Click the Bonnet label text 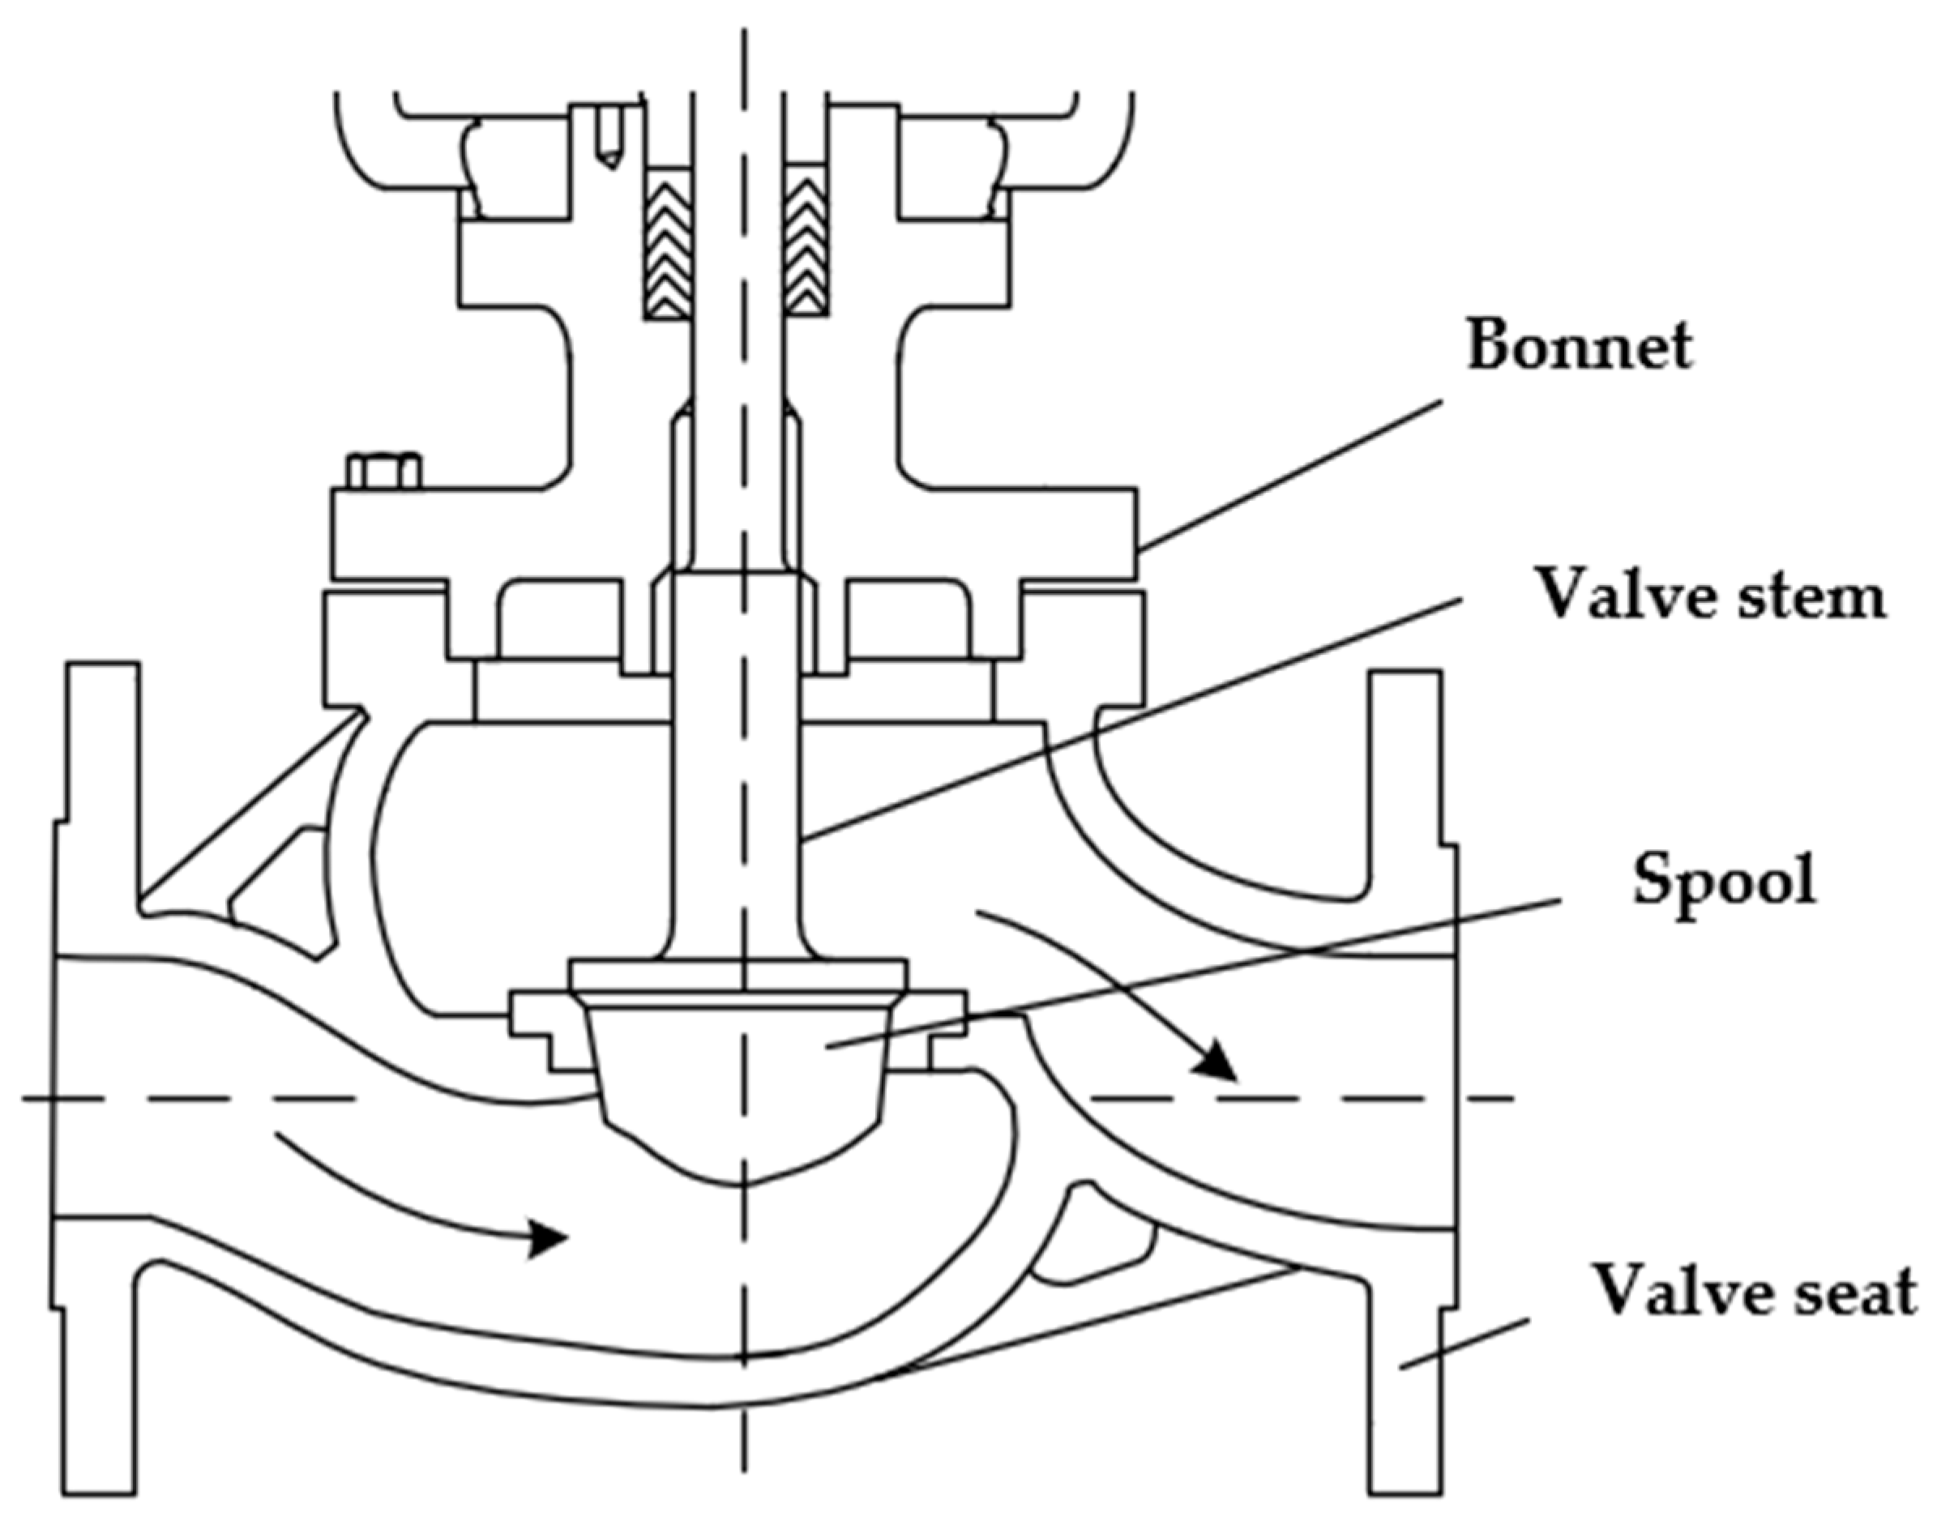click(x=1579, y=346)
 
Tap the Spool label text click(x=1724, y=879)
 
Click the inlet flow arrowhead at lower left click(x=545, y=1238)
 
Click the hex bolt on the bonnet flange click(x=385, y=471)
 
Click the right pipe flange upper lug click(x=1405, y=760)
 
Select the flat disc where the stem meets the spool click(x=738, y=973)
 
